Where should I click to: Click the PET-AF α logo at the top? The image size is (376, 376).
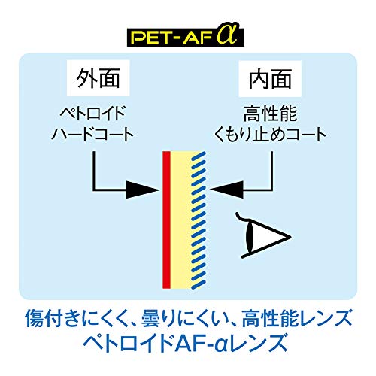click(x=186, y=35)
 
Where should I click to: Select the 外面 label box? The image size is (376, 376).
click(x=98, y=78)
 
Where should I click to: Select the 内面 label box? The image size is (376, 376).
click(x=270, y=78)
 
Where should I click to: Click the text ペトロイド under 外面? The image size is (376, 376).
click(x=92, y=114)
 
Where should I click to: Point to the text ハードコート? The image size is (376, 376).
click(x=92, y=135)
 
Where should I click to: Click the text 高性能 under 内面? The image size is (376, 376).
click(x=270, y=114)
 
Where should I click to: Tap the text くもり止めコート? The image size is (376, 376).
click(x=270, y=135)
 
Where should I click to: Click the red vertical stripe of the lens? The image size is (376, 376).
click(x=167, y=220)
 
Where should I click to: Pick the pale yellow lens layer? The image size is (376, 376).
click(x=181, y=220)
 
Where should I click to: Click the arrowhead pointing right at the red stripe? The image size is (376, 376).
click(x=143, y=190)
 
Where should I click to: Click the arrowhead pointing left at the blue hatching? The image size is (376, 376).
click(x=227, y=190)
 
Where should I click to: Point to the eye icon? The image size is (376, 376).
click(x=262, y=235)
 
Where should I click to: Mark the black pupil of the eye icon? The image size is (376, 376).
click(x=250, y=235)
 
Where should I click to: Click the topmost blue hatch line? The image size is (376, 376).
click(x=199, y=155)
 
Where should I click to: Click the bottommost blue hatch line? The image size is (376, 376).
click(x=199, y=284)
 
